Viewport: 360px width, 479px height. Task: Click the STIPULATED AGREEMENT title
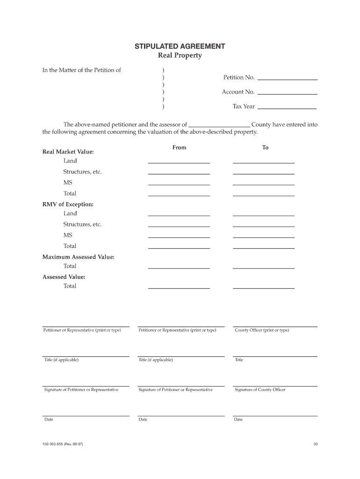click(180, 46)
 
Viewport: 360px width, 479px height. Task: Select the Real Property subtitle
click(180, 56)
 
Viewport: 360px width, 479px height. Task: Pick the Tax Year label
click(244, 106)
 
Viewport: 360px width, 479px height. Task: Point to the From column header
click(179, 147)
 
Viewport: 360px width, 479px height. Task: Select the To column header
click(265, 147)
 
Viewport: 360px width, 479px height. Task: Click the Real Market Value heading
click(68, 152)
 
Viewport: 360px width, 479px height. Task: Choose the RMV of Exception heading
click(68, 204)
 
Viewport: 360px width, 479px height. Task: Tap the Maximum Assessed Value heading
click(79, 257)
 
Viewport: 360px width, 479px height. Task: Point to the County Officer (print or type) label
click(262, 330)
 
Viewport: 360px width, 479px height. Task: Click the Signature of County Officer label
click(260, 390)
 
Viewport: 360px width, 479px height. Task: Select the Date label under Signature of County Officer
click(238, 420)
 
